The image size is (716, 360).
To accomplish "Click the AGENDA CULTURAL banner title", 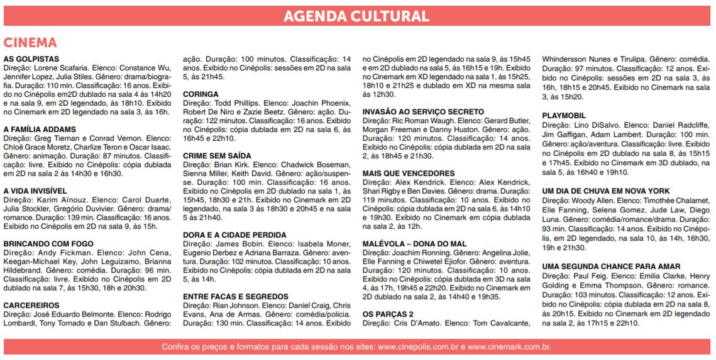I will pos(357,16).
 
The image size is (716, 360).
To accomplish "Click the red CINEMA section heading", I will pos(30,43).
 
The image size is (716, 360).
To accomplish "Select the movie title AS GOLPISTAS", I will pos(31,59).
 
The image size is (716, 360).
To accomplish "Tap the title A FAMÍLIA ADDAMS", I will pos(40,129).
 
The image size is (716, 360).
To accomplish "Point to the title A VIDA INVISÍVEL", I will pos(35,191).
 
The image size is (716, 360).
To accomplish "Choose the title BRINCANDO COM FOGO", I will pos(48,244).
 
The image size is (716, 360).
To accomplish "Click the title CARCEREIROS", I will pos(31,305).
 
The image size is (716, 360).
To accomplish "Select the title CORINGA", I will pos(201,94).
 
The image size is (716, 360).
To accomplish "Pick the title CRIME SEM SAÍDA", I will pos(217,156).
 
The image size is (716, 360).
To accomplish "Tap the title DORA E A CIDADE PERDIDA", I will pos(234,235).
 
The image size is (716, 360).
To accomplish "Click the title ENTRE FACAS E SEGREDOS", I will pos(236,297).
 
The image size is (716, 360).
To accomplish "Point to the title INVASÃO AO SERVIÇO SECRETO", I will pos(423,112).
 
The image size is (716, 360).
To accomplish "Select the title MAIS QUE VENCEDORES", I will pos(408,173).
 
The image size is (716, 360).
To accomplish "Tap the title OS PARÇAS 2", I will pos(388,314).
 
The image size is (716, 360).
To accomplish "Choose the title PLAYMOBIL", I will pos(564,116).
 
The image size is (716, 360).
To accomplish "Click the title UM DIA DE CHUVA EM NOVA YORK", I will pos(606,191).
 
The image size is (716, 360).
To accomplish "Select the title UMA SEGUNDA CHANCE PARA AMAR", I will pos(611,267).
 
